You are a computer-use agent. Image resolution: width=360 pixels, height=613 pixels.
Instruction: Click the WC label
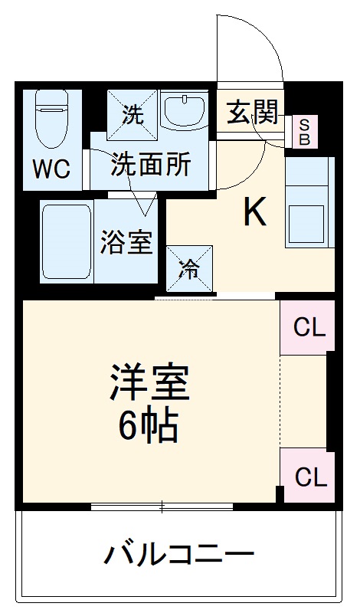point(51,169)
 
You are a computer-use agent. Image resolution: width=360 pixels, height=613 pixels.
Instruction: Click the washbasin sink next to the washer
point(185,111)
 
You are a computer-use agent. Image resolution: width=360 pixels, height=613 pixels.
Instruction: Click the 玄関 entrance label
point(251,114)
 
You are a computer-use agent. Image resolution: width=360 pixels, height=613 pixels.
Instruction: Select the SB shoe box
point(304,132)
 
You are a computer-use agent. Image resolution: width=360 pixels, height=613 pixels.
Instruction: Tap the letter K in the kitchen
point(254,213)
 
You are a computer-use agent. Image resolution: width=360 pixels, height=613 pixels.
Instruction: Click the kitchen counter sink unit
point(309,202)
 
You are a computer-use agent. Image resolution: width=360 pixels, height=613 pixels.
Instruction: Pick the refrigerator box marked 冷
point(188,270)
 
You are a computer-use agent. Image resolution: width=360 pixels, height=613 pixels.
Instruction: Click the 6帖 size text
point(149,425)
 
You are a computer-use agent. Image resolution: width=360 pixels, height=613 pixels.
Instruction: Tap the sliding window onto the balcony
point(162,506)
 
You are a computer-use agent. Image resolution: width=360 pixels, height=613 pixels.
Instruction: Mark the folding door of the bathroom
point(141,198)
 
